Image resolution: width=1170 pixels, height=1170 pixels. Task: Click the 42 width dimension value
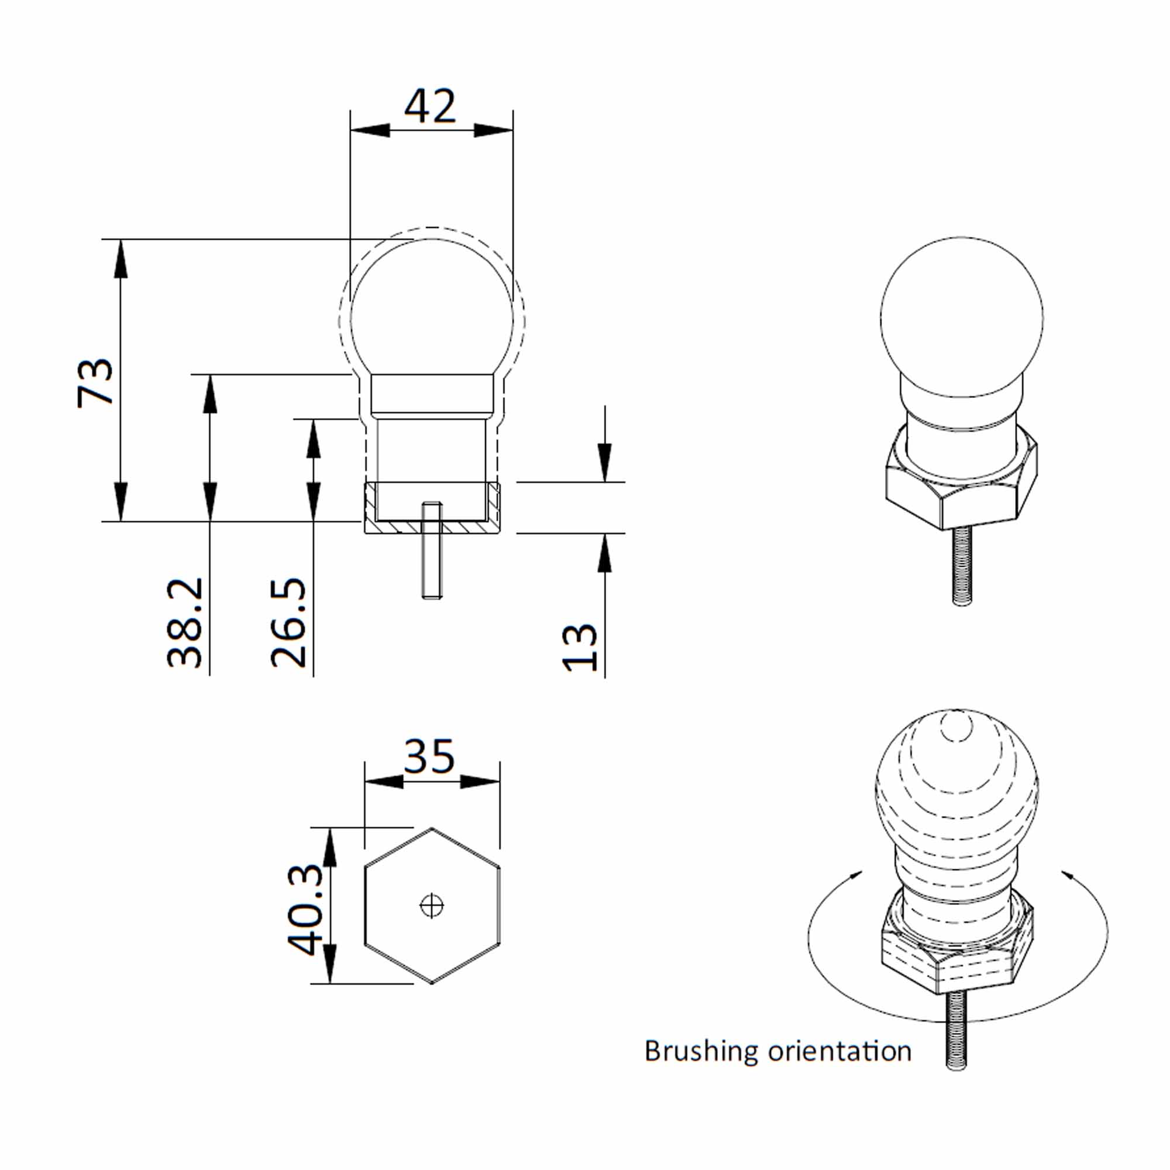(x=429, y=106)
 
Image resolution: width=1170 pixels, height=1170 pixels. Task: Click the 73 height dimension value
(x=96, y=383)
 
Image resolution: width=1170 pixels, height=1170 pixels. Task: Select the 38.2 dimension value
(x=185, y=622)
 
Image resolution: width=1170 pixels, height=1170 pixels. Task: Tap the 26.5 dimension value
(x=288, y=622)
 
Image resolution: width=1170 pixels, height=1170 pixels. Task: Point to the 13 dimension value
(x=580, y=647)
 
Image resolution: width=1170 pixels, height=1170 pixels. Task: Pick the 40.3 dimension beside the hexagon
(x=306, y=909)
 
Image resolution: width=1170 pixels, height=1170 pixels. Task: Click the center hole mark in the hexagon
(x=432, y=906)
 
